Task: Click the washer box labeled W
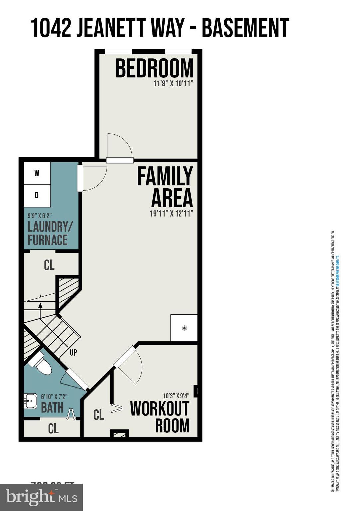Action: (x=37, y=173)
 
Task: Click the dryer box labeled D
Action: (x=37, y=195)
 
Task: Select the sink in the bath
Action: (x=30, y=401)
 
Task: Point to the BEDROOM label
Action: (x=155, y=68)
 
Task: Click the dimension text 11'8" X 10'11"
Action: (x=173, y=84)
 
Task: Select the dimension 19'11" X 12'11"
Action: (x=172, y=214)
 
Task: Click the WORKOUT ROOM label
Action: (x=160, y=417)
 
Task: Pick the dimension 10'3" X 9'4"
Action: (x=176, y=396)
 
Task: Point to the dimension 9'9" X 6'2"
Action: (x=39, y=216)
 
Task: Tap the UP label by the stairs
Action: (x=73, y=352)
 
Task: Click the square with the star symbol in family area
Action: (x=184, y=328)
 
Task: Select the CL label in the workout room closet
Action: (x=99, y=415)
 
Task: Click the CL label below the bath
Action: (x=53, y=428)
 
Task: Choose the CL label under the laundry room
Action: (x=49, y=265)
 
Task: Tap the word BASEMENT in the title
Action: (x=245, y=28)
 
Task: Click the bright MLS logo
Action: (x=42, y=497)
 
